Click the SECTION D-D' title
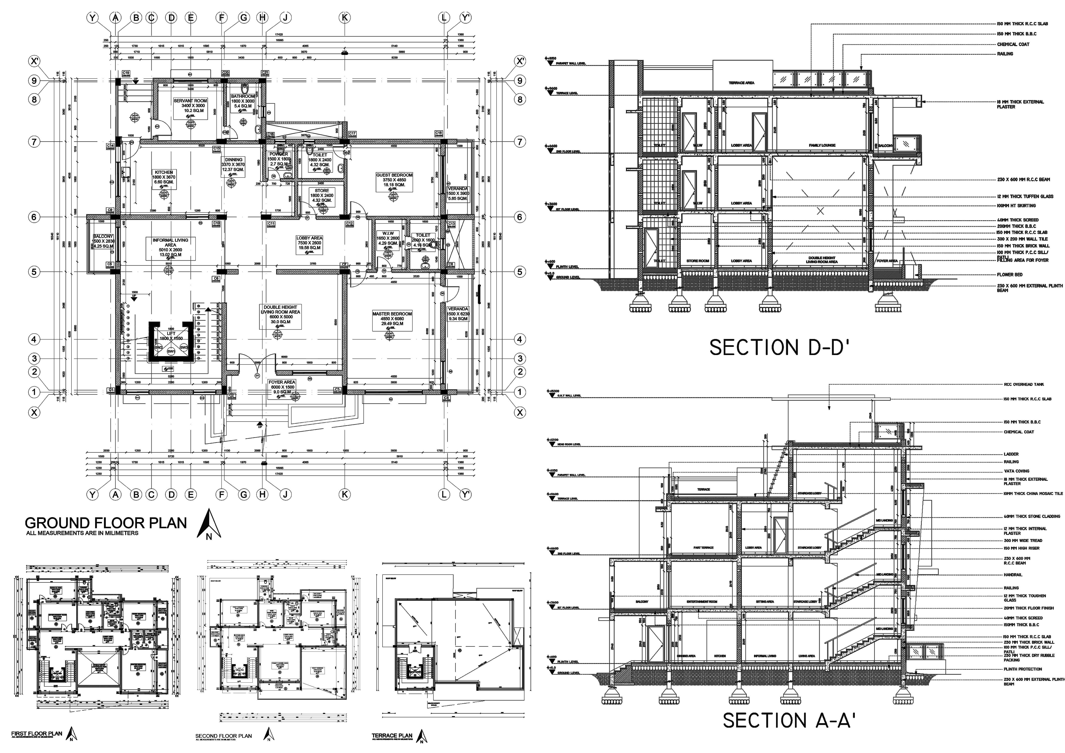click(x=779, y=348)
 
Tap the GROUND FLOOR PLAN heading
click(x=106, y=523)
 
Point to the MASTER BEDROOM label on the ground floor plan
click(x=392, y=314)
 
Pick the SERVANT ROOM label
click(x=190, y=101)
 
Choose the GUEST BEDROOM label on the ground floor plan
click(x=394, y=175)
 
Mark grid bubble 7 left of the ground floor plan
click(x=34, y=142)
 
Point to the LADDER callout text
click(x=1011, y=454)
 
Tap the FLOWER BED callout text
click(x=1009, y=275)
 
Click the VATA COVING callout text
click(x=1016, y=471)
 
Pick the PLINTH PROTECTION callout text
click(x=1023, y=669)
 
